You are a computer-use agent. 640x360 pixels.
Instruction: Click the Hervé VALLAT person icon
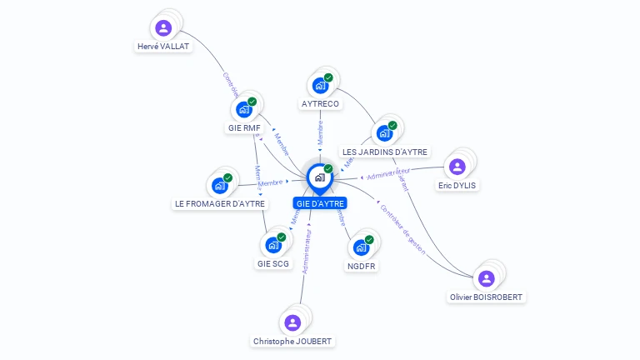(164, 28)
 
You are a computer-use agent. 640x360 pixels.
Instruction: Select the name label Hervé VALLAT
(163, 47)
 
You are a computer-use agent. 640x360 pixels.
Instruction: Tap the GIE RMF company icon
(244, 109)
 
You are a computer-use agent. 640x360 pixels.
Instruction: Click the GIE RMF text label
(244, 128)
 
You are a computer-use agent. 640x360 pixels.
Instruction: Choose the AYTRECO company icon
(320, 85)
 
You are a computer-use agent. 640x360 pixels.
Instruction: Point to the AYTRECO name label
(320, 104)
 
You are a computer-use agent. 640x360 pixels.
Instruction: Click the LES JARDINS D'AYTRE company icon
(384, 132)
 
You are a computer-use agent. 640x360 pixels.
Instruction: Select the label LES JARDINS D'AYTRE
(385, 152)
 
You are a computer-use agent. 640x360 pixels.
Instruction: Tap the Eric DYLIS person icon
(457, 166)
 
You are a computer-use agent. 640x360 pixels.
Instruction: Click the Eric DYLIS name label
(457, 185)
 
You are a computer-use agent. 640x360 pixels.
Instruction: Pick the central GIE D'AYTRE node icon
(319, 177)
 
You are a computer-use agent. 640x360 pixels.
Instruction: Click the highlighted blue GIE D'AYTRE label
(319, 203)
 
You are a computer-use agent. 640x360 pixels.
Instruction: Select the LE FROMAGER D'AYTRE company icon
(220, 185)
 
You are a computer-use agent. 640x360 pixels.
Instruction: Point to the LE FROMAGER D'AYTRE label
(220, 203)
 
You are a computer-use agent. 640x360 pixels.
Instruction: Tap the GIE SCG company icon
(273, 245)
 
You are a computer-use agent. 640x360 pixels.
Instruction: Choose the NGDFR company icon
(361, 247)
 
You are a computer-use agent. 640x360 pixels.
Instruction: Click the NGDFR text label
(361, 267)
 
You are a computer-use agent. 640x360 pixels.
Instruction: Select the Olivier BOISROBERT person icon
(487, 278)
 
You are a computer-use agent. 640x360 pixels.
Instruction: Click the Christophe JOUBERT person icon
(292, 322)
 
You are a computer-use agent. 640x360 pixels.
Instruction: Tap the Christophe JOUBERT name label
(292, 342)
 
